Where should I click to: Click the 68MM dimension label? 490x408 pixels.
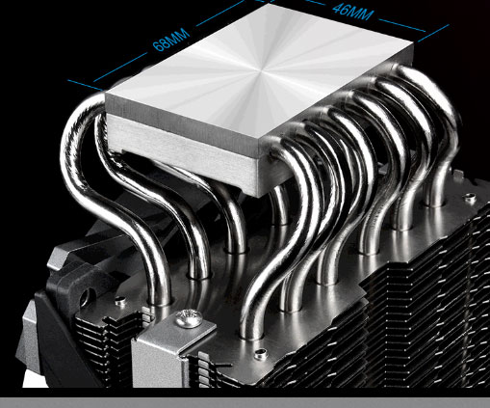pyautogui.click(x=171, y=40)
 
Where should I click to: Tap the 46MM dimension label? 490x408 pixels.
pyautogui.click(x=352, y=14)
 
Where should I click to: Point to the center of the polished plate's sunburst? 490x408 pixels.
pyautogui.click(x=264, y=69)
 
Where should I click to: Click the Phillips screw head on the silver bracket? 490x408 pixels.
pyautogui.click(x=189, y=318)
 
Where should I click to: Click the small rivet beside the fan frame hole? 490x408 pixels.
pyautogui.click(x=120, y=301)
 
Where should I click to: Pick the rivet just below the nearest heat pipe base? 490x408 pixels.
pyautogui.click(x=261, y=354)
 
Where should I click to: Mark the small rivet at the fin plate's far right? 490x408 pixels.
pyautogui.click(x=470, y=198)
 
